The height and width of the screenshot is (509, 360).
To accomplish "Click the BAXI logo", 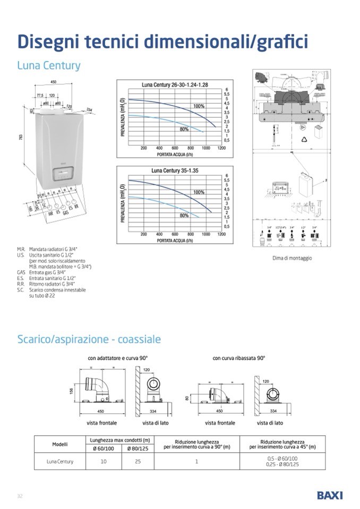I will coord(329,495).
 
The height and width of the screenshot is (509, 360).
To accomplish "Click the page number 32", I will coord(20,496).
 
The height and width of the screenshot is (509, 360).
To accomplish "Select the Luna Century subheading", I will coord(48,66).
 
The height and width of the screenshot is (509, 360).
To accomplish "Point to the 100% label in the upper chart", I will coord(199,106).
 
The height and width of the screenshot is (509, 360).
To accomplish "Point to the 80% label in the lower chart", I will coord(184,215).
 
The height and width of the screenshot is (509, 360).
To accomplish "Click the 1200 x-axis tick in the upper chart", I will coord(221,148).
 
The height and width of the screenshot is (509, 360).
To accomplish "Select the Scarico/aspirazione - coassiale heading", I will coord(89,339).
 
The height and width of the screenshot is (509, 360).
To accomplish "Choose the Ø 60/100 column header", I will coord(104,448).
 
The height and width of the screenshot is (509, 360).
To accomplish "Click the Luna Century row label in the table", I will coord(59,461).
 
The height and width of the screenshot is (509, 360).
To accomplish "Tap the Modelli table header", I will coord(59,444).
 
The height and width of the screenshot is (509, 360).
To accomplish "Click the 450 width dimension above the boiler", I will coord(53,83).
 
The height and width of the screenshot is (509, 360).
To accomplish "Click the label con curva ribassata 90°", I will coord(238,358).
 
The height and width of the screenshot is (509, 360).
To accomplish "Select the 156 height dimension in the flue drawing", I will coord(72,391).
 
